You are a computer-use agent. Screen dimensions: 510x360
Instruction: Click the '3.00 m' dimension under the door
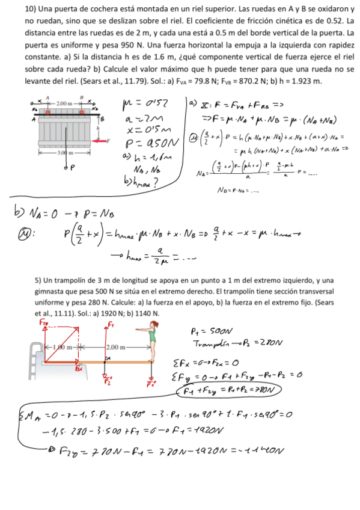tap(64, 153)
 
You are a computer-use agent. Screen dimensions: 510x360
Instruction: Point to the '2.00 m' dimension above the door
tap(64, 104)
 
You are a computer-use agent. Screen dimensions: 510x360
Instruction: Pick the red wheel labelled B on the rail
tap(80, 111)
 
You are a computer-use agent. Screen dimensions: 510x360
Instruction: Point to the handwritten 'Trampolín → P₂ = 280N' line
tap(225, 343)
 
